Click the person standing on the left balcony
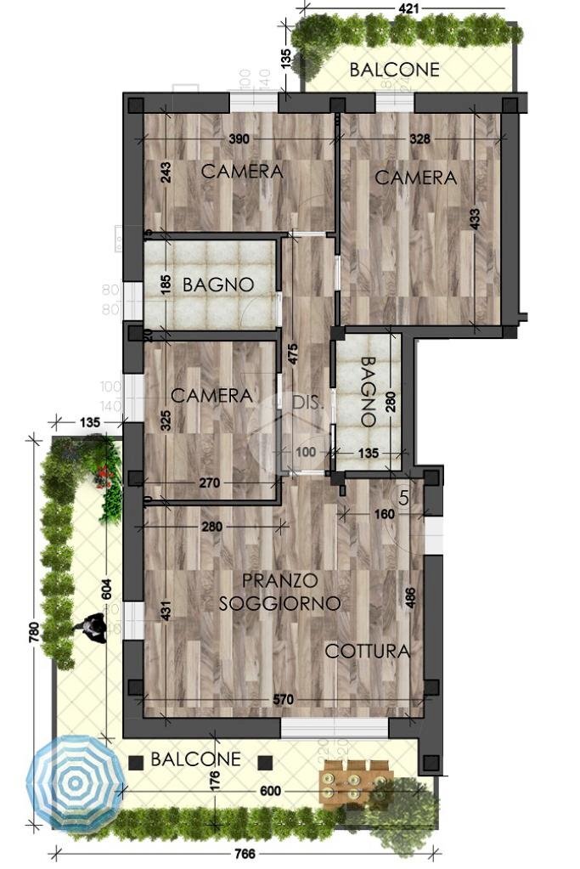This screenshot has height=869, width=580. point(88,629)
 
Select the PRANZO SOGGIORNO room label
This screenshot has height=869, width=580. point(279,592)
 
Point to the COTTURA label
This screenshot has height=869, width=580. point(368,652)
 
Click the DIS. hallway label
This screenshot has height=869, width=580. point(307,403)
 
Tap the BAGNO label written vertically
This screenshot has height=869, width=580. point(367,391)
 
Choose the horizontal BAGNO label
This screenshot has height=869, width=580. point(217,285)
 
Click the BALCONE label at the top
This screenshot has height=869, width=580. point(395,70)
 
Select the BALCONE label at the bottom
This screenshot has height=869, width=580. point(195,759)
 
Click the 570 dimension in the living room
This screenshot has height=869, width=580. point(283,699)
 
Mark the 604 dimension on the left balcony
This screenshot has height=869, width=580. point(107,589)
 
